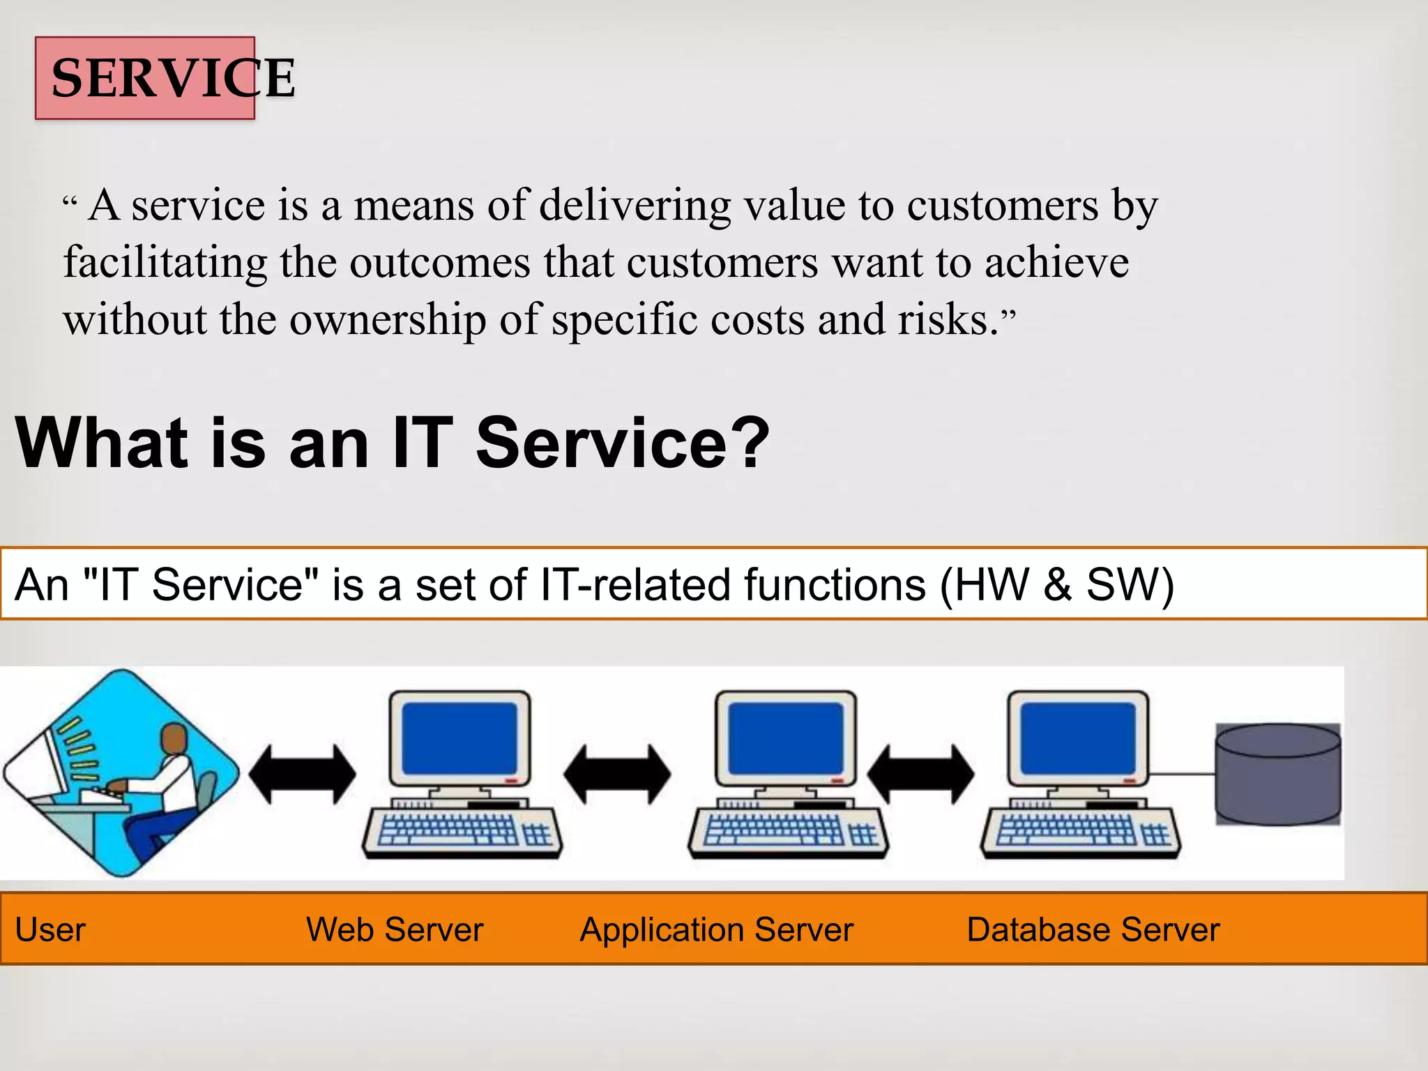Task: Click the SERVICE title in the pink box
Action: point(172,78)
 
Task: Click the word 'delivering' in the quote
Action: point(635,206)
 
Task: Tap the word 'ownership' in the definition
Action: point(387,320)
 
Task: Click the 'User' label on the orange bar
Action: point(50,929)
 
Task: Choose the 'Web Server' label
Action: point(395,929)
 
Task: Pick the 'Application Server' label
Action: point(716,929)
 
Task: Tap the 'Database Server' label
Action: point(1093,929)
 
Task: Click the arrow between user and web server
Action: point(302,774)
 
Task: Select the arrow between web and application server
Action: point(617,774)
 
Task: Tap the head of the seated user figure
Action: point(174,739)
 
